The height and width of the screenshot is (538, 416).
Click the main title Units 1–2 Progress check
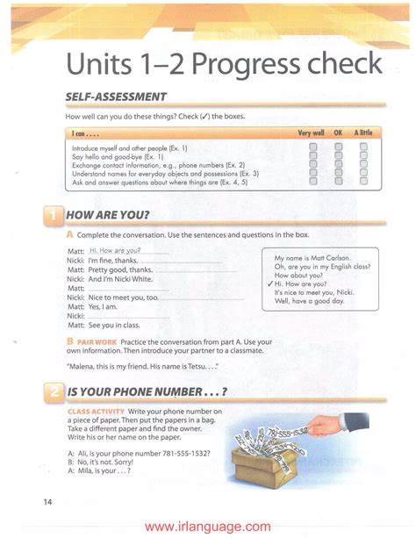click(x=225, y=64)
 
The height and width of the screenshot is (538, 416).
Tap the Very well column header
click(x=311, y=133)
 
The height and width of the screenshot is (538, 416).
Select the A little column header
click(x=362, y=133)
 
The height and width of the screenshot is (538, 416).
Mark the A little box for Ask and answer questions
click(x=363, y=182)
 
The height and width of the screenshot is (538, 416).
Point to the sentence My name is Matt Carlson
click(x=312, y=258)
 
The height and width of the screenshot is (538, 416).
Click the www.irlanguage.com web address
click(x=208, y=527)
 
